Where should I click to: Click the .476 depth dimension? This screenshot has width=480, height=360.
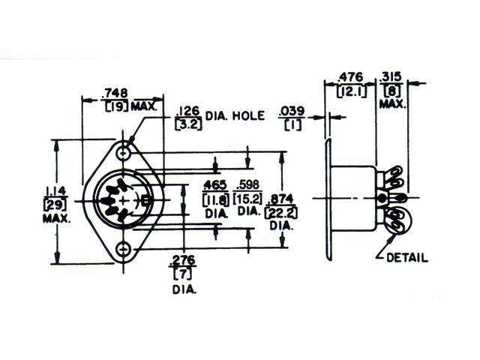tap(349, 76)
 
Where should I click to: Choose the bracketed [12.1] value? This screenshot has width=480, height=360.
tap(349, 91)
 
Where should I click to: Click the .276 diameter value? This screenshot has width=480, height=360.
tap(183, 260)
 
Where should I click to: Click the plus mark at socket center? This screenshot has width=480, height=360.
tap(124, 199)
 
